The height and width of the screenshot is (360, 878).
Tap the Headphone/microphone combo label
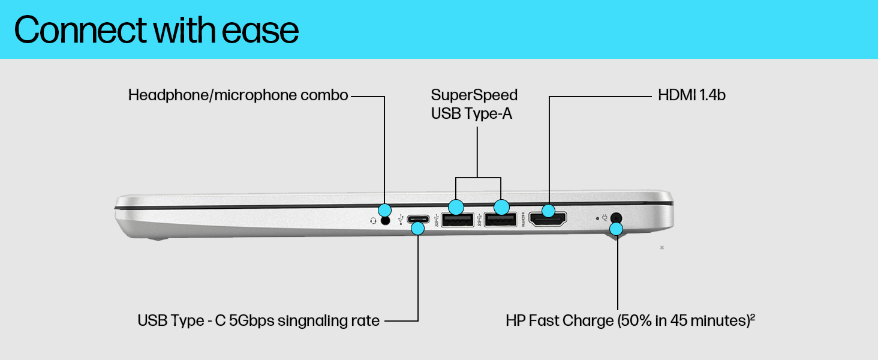238,95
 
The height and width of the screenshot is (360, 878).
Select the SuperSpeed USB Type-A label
474,104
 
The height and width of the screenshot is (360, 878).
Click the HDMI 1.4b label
691,95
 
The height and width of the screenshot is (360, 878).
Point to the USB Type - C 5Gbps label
258,320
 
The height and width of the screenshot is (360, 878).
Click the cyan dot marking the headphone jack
386,210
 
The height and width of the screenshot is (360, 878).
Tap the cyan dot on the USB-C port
418,229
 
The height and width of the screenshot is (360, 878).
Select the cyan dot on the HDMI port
548,211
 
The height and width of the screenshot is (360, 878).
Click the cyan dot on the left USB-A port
456,208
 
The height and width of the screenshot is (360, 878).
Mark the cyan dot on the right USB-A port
501,208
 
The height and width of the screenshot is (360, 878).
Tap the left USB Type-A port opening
457,221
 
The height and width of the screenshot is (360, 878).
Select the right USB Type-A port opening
501,221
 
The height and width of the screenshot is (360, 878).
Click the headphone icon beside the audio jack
373,220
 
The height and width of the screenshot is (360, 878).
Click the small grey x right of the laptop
661,247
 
